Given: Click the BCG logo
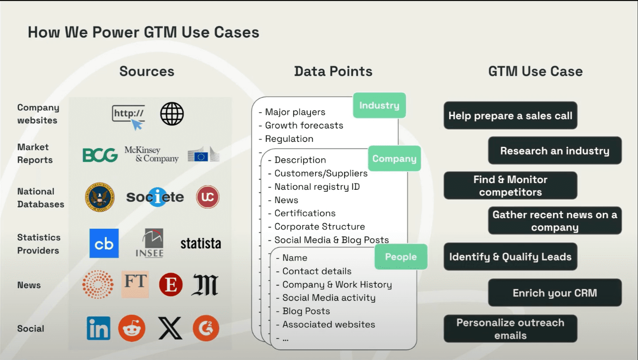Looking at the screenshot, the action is tap(100, 155).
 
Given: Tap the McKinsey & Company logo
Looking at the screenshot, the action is tap(152, 154).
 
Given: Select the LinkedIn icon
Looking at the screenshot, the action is tap(98, 328).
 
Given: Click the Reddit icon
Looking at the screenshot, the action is tap(132, 328).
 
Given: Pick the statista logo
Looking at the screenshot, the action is tap(201, 243).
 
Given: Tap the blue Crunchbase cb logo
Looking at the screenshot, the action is tap(104, 243).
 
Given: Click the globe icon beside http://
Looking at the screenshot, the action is tap(172, 114).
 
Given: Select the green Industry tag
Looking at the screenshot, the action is tap(379, 105).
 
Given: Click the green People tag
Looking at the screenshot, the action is tap(401, 257).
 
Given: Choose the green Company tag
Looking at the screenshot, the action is tap(394, 158).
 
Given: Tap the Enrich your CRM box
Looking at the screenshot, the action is tap(555, 293).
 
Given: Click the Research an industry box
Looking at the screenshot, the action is tap(555, 150).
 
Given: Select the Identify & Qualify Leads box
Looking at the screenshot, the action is tap(510, 257).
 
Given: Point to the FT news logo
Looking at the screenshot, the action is tap(135, 284).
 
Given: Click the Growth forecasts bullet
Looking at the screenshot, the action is tap(301, 125).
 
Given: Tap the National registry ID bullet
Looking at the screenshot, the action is tap(314, 187).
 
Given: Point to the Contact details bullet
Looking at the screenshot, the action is tap(314, 271).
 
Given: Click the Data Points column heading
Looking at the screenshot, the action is tap(333, 71).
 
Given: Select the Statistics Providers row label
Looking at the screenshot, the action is tap(39, 244).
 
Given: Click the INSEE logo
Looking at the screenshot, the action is tap(150, 243).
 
